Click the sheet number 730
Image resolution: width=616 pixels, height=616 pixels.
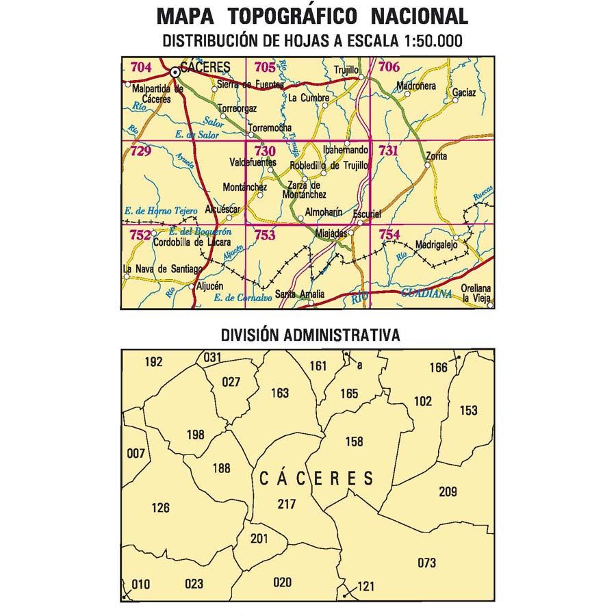coord(264,151)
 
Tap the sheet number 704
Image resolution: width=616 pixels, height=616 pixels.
coord(140,67)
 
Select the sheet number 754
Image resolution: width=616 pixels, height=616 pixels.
coord(389,235)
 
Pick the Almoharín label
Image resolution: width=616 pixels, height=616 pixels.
coord(324,212)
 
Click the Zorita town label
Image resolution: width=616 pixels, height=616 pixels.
coord(436,157)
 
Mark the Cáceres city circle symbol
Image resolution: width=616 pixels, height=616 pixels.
coord(175,71)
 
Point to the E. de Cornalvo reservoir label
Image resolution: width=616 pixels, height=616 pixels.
coord(239,298)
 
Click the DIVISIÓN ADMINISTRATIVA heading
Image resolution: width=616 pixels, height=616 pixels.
coord(310,335)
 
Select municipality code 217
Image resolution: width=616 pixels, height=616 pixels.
coord(287,504)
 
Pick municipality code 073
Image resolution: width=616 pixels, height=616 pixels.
coord(426,563)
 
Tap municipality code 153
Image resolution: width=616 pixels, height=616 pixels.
coord(468,411)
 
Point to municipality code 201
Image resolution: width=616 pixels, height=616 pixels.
coord(259,538)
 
